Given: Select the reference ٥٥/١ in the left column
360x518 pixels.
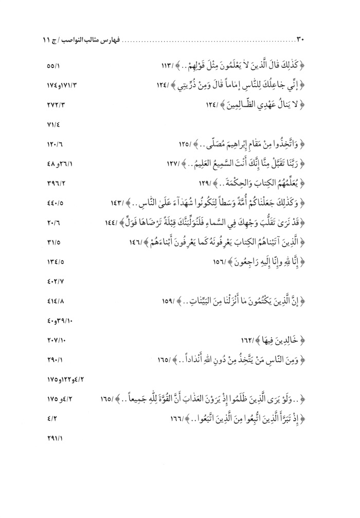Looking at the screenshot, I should [53, 66].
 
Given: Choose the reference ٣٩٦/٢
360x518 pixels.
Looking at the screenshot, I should [53, 183].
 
